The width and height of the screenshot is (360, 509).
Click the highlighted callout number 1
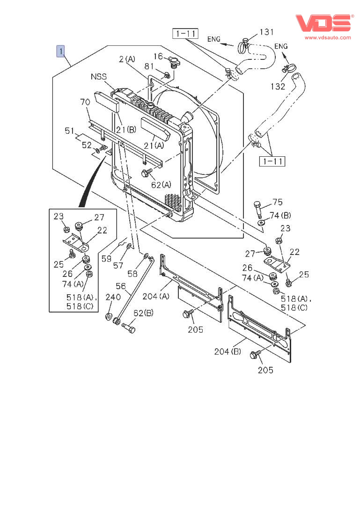pos(61,51)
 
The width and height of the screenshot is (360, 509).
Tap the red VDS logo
pos(324,23)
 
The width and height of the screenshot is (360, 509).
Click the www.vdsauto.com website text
pos(328,37)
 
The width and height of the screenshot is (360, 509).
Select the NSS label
pos(98,77)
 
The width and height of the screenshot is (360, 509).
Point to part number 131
pos(266,32)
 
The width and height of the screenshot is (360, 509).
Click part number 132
pos(278,87)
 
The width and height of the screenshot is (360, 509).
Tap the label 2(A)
pos(127,59)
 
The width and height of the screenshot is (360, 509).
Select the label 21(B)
pos(126,130)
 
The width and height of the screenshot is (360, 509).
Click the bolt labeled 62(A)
pos(147,173)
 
